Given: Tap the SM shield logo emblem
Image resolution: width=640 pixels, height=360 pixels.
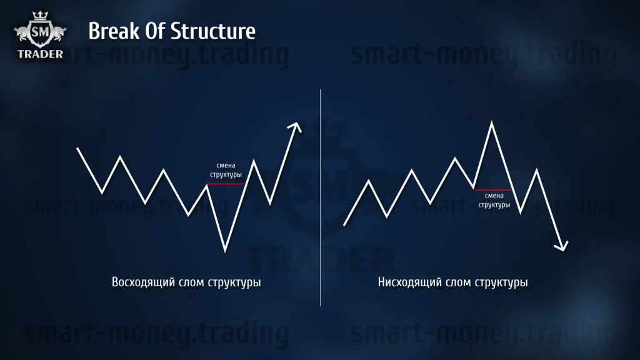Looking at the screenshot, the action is (40, 32).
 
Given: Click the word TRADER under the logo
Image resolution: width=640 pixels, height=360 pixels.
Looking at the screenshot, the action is (41, 54).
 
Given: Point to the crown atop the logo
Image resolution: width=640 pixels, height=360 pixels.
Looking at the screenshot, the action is (40, 16).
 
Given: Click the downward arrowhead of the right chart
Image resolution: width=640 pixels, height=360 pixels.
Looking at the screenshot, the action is (562, 246).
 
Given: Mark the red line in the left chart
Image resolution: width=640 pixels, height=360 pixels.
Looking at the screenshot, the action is (226, 184).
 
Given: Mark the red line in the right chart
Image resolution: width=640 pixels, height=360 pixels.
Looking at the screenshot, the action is (493, 190).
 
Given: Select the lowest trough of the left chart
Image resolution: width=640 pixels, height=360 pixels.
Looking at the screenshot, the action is (225, 251).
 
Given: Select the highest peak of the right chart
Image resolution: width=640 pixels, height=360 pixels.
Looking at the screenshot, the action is (491, 122).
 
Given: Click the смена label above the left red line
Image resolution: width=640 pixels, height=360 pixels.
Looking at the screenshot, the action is (226, 165).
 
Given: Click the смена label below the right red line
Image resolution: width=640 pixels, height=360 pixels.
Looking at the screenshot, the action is (494, 196).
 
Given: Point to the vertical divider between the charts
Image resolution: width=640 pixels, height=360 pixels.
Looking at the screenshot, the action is (321, 197).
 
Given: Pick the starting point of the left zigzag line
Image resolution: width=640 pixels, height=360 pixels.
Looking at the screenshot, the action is (77, 148).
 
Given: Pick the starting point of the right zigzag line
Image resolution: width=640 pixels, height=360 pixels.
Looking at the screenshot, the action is (344, 225).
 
